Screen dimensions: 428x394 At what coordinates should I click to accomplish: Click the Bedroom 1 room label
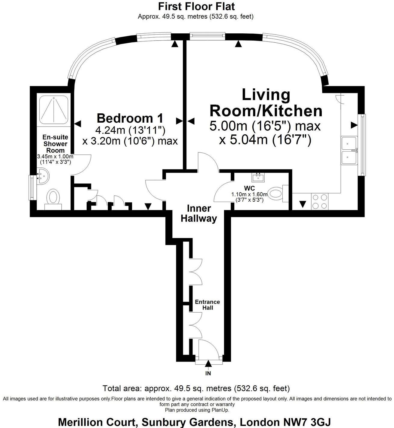(130, 118)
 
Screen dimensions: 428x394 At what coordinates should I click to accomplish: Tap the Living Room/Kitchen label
(266, 103)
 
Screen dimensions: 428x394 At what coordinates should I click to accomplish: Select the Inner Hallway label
(199, 213)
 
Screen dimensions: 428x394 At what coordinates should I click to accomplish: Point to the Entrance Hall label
(208, 304)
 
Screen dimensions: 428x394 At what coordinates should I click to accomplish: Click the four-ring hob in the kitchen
(320, 202)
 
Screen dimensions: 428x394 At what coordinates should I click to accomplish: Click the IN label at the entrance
(208, 374)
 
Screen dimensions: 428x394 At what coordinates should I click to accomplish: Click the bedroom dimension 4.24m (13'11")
(130, 130)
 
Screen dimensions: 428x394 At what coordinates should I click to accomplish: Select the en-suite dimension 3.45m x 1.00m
(55, 157)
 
